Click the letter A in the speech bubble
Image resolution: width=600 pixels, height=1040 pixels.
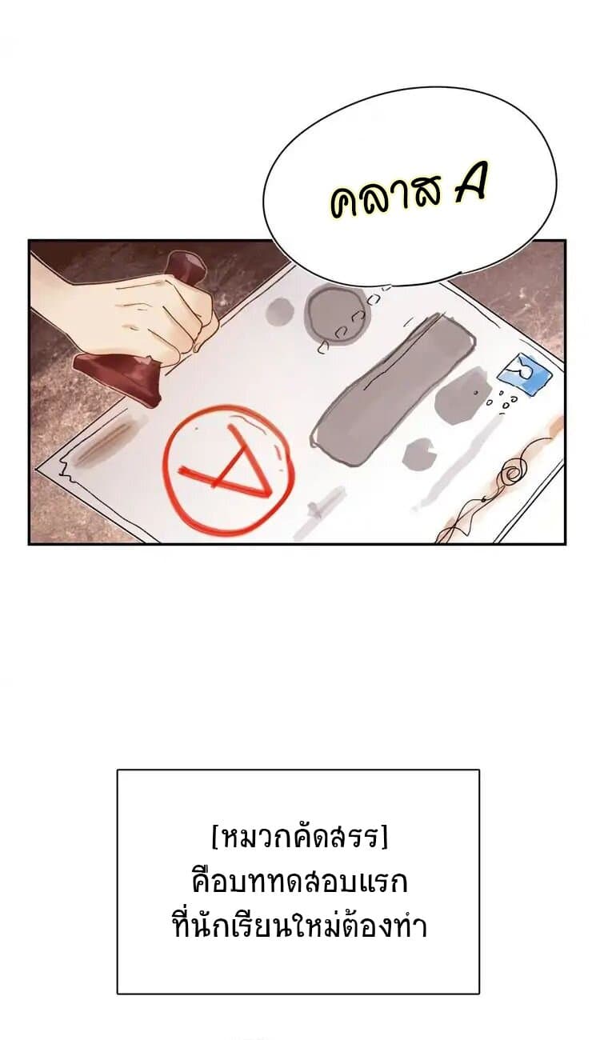(470, 184)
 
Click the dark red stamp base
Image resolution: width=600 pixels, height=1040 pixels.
(118, 377)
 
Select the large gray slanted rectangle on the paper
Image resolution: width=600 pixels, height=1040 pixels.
(393, 381)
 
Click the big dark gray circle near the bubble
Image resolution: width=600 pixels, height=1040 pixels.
(338, 311)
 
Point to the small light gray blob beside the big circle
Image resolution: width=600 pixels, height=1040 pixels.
(279, 310)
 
